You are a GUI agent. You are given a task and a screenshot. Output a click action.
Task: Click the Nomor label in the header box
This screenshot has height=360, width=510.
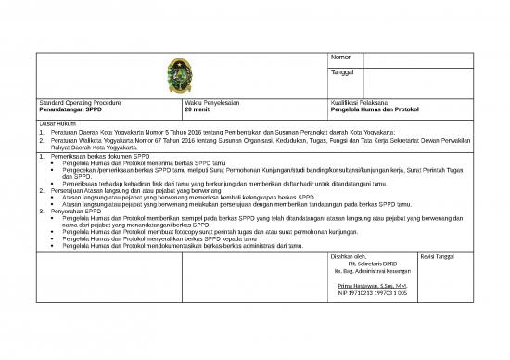pos(340,58)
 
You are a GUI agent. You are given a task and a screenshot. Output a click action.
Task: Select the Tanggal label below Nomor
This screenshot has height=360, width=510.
pos(342,72)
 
